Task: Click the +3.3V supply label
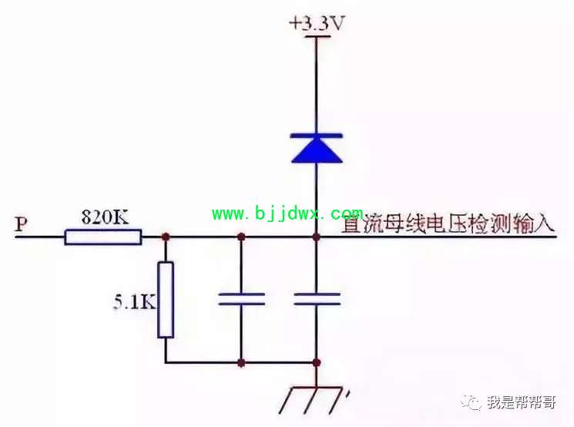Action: [317, 24]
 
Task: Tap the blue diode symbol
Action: [317, 148]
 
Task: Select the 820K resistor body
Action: [103, 237]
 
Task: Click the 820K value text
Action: [105, 217]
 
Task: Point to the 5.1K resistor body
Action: [166, 300]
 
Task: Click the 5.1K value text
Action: [134, 302]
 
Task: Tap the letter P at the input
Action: [22, 224]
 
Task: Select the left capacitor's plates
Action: [241, 299]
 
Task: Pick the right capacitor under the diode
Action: [317, 299]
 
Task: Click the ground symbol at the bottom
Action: [314, 399]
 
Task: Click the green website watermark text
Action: [287, 213]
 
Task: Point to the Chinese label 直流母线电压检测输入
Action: [448, 223]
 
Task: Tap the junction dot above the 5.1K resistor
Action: [166, 237]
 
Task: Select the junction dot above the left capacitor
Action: [241, 237]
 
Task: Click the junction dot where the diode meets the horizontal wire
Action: [317, 237]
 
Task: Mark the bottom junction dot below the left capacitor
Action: [241, 363]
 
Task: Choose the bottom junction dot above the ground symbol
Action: [317, 363]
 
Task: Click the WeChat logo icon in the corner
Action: [471, 402]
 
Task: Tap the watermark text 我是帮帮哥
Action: [522, 402]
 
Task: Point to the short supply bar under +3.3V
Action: [317, 36]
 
